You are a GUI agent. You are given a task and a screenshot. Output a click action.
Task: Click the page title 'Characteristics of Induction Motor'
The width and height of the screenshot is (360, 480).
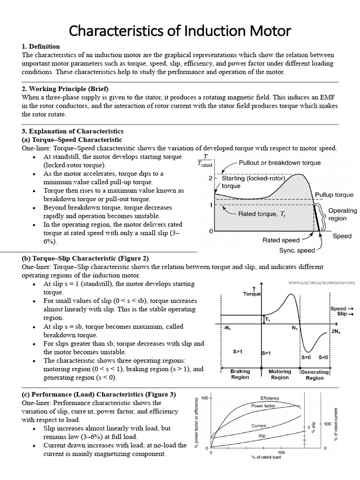coord(180,31)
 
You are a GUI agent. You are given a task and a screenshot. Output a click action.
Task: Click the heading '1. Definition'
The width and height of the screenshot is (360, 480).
coord(41,46)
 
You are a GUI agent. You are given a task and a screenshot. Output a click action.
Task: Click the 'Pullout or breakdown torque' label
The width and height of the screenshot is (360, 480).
coord(280,163)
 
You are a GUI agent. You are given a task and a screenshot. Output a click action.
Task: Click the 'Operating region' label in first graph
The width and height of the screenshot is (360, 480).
coord(343,215)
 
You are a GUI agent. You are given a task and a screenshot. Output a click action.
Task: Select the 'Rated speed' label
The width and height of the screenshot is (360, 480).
coord(281,240)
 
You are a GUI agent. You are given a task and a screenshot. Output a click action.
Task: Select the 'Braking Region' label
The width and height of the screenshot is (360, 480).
coord(240,375)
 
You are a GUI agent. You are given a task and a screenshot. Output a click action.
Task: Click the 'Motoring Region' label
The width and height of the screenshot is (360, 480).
coord(280,375)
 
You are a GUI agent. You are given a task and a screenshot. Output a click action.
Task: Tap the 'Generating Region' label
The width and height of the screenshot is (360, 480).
coord(315,375)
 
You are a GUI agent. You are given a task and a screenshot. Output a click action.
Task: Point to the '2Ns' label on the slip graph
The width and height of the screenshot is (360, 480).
coord(336,330)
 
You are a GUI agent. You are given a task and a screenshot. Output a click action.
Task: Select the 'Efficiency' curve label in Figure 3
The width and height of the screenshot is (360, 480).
coord(270,398)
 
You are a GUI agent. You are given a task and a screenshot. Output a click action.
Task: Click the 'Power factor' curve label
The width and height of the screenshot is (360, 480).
coord(263,405)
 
